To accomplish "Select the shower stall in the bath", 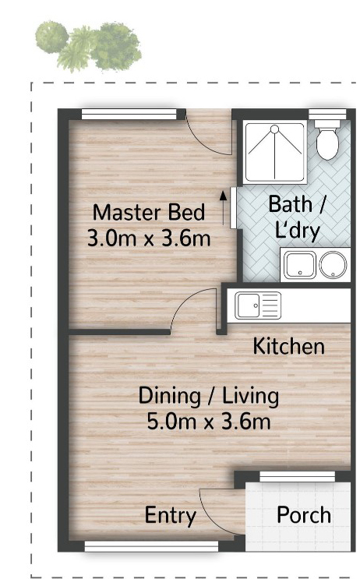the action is pyautogui.click(x=275, y=152).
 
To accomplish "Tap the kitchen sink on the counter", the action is pyautogui.click(x=258, y=305).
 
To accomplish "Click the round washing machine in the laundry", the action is pyautogui.click(x=333, y=265).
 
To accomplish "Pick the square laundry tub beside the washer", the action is pyautogui.click(x=300, y=265).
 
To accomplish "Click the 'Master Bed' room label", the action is pyautogui.click(x=149, y=213).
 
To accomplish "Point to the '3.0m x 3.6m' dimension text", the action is pyautogui.click(x=149, y=238).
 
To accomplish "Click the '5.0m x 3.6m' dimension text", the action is pyautogui.click(x=209, y=421).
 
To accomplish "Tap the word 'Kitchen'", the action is pyautogui.click(x=289, y=346).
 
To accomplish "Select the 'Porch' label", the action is pyautogui.click(x=304, y=515).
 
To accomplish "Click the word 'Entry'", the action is pyautogui.click(x=170, y=516).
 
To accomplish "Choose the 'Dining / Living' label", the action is pyautogui.click(x=209, y=395).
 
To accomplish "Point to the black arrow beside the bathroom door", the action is pyautogui.click(x=223, y=208).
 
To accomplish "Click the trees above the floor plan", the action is pyautogui.click(x=88, y=46).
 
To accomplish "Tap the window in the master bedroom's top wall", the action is pyautogui.click(x=129, y=114).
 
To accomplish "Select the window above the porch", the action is pyautogui.click(x=297, y=476).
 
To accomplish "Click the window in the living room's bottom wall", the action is pyautogui.click(x=151, y=546).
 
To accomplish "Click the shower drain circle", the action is pyautogui.click(x=275, y=129).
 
